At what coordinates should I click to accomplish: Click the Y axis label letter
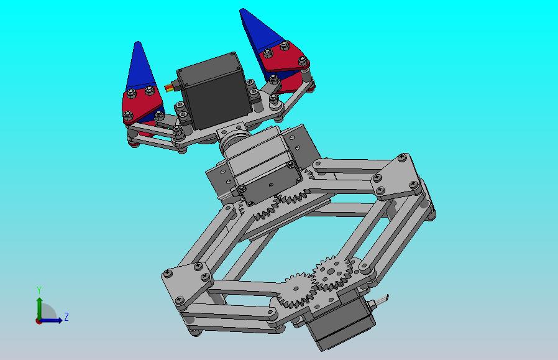point(39,290)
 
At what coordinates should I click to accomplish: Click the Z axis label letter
point(66,316)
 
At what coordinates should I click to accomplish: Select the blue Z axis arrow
point(51,320)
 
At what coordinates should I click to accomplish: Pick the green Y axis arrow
point(39,308)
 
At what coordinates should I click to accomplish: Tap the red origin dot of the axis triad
point(39,321)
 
